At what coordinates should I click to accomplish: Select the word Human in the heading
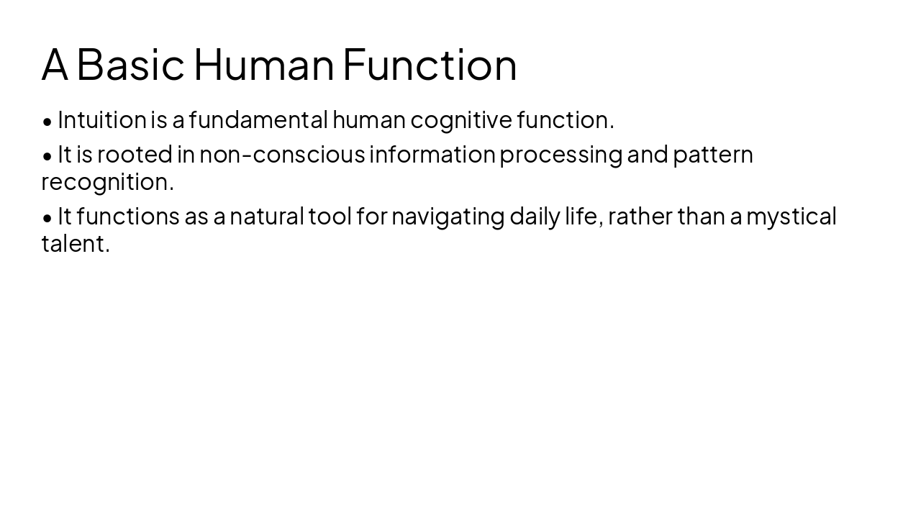coord(264,64)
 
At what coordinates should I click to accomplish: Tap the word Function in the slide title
coord(430,64)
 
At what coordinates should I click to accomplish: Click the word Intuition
coord(102,119)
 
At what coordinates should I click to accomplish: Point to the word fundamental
coord(258,119)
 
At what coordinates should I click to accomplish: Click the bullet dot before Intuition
coord(47,122)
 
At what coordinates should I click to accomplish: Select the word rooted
coord(135,155)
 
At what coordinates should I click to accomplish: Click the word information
coord(432,155)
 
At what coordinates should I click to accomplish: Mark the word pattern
coord(712,155)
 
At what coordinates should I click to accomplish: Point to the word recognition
coord(107,183)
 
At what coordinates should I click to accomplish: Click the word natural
coord(266,216)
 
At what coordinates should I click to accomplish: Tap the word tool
coord(330,216)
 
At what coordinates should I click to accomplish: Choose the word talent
coord(76,244)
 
